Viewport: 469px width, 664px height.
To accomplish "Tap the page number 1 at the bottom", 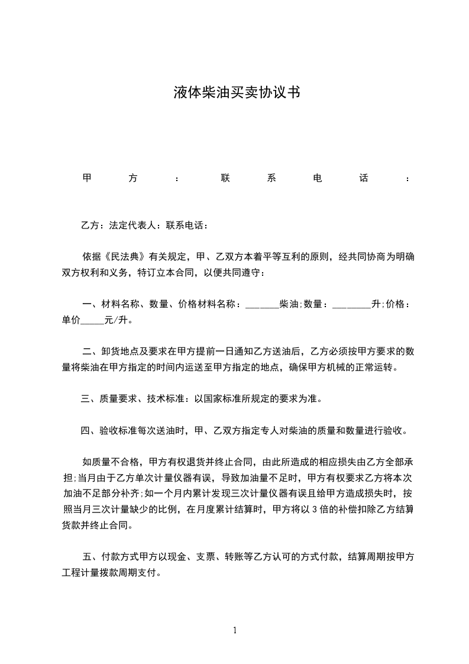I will pyautogui.click(x=235, y=630).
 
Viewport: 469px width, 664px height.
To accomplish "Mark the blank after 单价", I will pyautogui.click(x=91, y=321).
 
